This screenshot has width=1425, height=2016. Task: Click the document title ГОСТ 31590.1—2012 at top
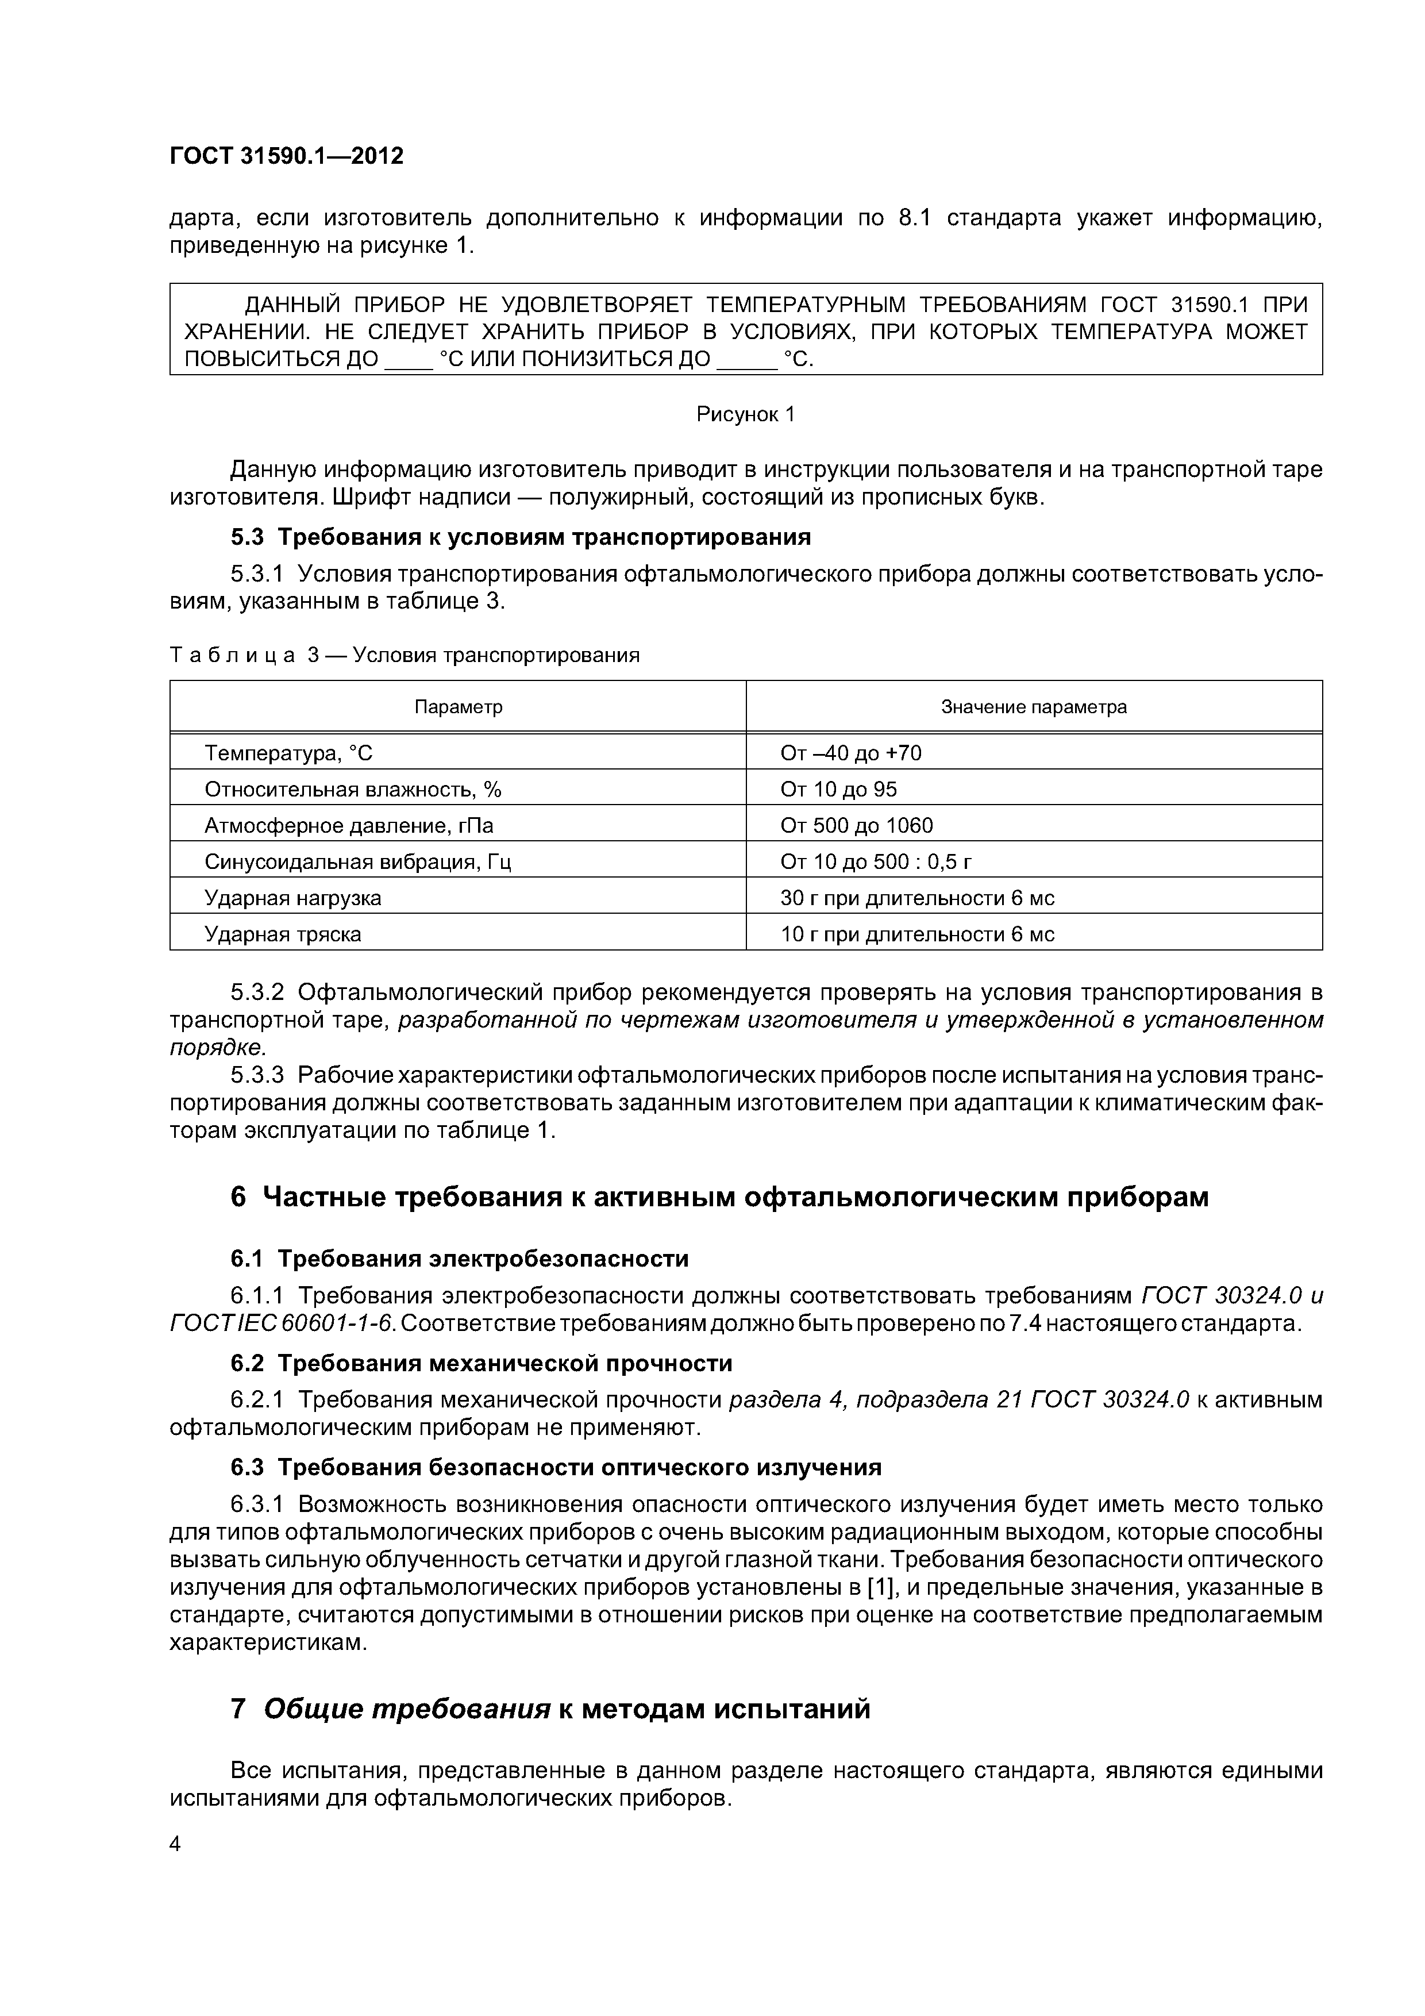tap(286, 156)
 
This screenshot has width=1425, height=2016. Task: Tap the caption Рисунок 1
tap(745, 414)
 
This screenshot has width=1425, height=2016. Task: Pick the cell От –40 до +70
tap(851, 753)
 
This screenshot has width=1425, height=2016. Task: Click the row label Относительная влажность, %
tap(352, 790)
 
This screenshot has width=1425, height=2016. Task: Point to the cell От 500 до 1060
tap(856, 825)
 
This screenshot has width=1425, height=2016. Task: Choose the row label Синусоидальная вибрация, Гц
tap(357, 861)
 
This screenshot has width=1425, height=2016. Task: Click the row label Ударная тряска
tap(283, 934)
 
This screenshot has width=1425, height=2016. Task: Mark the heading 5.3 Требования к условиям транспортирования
tap(520, 537)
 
